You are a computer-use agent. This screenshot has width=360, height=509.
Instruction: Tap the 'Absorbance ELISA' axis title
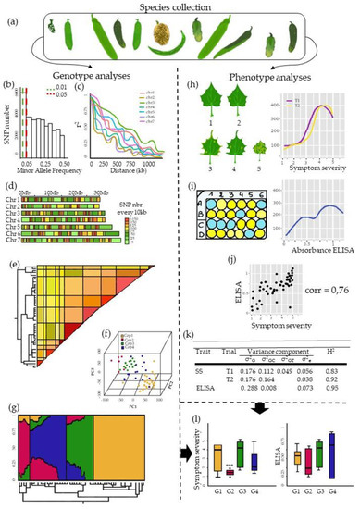click(x=307, y=228)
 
